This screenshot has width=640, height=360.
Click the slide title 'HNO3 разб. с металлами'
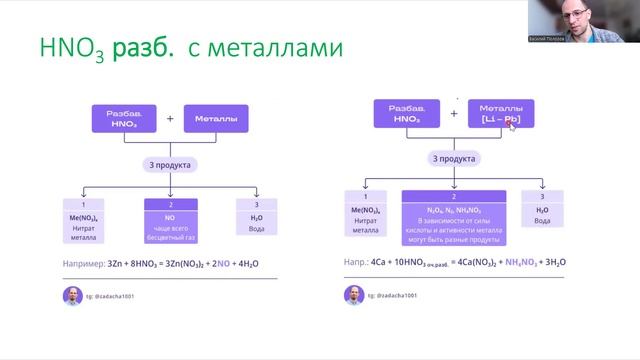click(190, 50)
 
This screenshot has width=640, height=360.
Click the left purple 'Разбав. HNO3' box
click(125, 118)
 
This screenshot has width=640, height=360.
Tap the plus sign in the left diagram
click(169, 118)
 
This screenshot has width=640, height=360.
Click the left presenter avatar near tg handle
click(71, 295)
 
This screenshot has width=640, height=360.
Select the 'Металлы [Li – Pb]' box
click(500, 113)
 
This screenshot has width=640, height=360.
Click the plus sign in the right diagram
click(454, 113)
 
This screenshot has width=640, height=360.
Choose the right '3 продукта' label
click(454, 158)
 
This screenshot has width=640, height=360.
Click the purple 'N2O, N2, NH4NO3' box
click(454, 218)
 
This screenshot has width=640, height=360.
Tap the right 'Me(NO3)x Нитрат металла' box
click(366, 218)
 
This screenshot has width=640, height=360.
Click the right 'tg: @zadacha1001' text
click(399, 296)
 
